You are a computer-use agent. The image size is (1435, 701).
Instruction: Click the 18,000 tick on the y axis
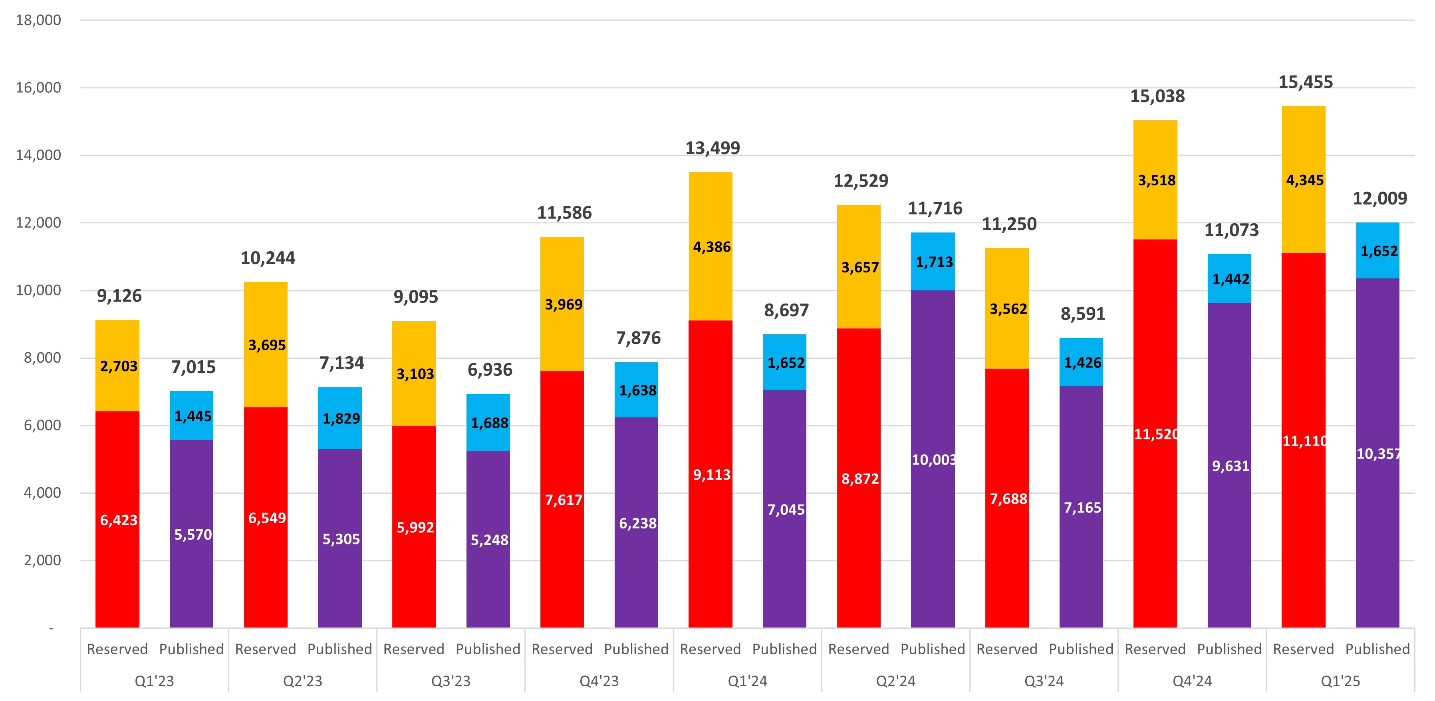pos(38,21)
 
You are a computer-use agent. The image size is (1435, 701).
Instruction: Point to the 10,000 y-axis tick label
pos(38,290)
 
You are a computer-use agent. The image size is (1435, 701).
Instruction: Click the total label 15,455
pos(1305,82)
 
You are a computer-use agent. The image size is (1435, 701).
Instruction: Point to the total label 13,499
pos(712,148)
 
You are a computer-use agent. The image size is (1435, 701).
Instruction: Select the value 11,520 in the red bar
pos(1157,434)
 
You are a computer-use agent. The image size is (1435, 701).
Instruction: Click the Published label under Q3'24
pos(1081,649)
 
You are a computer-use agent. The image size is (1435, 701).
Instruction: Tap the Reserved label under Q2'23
pos(265,649)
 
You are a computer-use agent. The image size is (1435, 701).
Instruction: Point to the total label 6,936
pos(489,370)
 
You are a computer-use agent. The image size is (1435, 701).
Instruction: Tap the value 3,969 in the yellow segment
pos(563,305)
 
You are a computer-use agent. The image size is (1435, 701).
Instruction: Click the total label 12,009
pos(1379,199)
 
